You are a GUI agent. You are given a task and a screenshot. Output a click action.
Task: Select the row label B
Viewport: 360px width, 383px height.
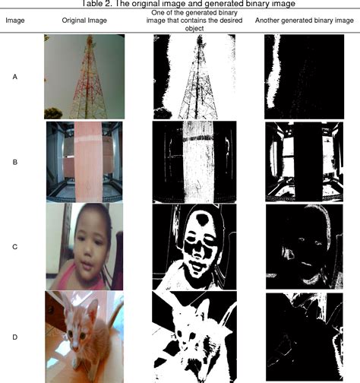point(15,162)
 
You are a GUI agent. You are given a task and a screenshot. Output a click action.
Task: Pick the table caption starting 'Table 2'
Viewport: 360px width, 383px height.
point(179,5)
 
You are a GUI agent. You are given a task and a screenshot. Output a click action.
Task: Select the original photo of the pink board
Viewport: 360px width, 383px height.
point(83,161)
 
